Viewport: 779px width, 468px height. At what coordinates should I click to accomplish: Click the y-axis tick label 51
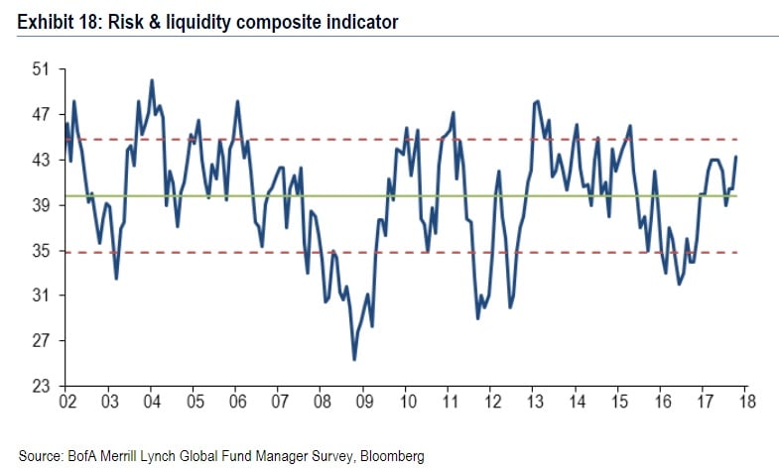click(40, 69)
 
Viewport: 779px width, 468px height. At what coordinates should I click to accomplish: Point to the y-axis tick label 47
click(40, 115)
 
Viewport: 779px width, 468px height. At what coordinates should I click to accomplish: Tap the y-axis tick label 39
click(40, 205)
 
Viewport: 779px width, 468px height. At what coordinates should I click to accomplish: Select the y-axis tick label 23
click(40, 387)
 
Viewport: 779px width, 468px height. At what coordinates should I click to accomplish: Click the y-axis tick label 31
click(40, 295)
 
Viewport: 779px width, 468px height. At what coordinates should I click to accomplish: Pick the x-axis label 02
click(67, 402)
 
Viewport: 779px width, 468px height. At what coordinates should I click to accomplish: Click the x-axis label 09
click(364, 402)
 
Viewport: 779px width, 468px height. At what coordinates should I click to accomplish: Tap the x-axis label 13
click(534, 402)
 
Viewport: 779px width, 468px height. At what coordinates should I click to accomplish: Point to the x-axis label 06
click(237, 402)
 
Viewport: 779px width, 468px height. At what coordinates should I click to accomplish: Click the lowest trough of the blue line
click(354, 359)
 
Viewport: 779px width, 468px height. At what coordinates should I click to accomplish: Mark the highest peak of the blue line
click(151, 80)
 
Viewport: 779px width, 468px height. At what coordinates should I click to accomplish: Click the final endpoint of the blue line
click(735, 157)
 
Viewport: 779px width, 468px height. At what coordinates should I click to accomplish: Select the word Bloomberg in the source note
click(391, 456)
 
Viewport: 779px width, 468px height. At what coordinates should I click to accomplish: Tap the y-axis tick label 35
click(40, 251)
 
